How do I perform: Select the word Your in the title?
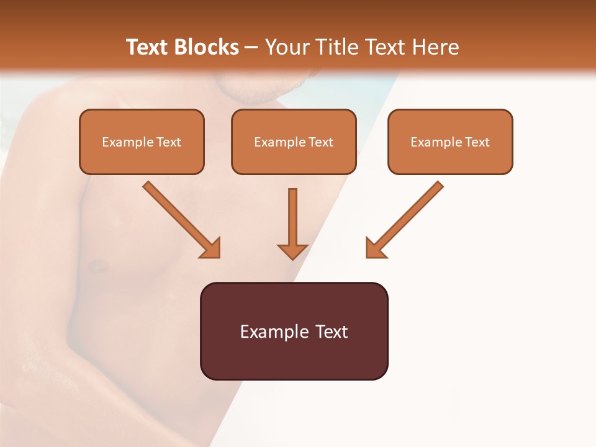(x=287, y=47)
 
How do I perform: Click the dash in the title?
(x=251, y=48)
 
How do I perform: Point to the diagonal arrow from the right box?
(x=410, y=214)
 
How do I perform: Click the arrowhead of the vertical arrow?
(x=292, y=251)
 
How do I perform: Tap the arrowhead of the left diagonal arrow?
(x=212, y=248)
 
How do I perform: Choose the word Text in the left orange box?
(x=169, y=142)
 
